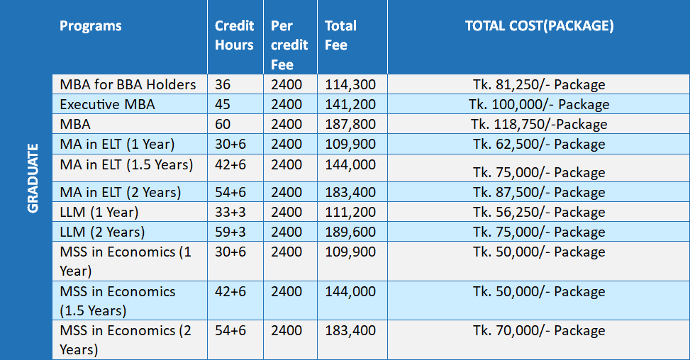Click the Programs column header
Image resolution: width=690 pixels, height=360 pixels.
91,26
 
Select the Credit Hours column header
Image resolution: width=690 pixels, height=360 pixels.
234,35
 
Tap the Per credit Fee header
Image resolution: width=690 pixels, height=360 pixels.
289,45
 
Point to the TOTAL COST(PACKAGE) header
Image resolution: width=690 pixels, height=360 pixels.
539,26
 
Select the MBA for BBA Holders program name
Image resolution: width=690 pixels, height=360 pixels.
128,84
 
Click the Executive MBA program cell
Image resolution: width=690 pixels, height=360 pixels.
107,104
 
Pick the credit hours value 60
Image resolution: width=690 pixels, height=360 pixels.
223,124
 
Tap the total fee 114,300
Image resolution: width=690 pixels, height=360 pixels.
350,84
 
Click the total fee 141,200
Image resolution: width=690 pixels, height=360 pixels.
350,104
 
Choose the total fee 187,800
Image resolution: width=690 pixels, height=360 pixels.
350,124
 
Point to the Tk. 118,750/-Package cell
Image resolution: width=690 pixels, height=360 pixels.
539,124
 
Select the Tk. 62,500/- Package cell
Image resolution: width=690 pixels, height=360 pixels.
539,144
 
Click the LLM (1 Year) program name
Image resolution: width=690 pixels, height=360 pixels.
99,212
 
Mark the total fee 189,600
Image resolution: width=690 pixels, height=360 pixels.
350,232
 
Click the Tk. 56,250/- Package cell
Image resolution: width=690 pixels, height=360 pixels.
539,212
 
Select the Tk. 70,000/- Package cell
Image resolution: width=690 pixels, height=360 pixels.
539,330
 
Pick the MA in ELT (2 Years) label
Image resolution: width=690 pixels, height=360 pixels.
121,192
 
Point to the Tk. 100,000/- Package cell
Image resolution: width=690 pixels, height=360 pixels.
539,104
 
